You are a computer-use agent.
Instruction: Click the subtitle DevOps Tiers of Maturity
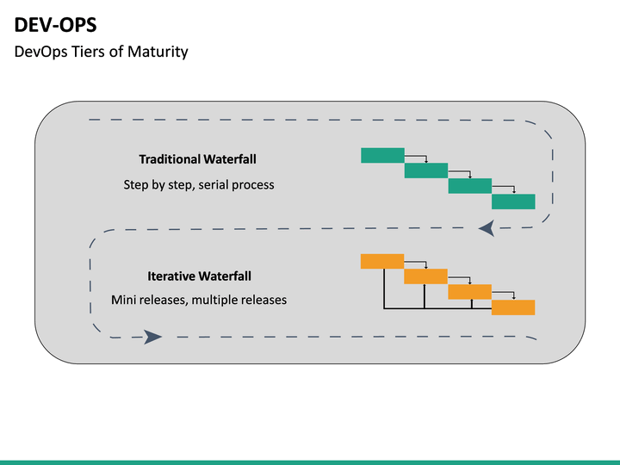(x=101, y=52)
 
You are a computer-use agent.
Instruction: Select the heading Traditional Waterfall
(x=197, y=159)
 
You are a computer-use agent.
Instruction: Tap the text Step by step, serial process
(x=199, y=184)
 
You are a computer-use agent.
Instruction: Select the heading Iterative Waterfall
(x=199, y=276)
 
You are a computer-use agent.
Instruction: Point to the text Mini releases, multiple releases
(x=199, y=300)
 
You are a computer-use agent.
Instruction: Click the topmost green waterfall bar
(x=381, y=155)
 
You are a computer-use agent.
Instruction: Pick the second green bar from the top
(x=426, y=170)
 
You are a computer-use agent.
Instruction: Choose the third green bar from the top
(x=470, y=186)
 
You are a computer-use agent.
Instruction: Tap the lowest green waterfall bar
(x=513, y=201)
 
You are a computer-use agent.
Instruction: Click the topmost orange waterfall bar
(x=381, y=261)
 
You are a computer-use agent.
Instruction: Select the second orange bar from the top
(x=425, y=276)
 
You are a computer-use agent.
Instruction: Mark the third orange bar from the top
(x=470, y=292)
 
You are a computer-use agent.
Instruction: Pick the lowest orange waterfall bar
(x=513, y=307)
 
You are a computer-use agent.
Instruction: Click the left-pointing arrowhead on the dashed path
(x=487, y=228)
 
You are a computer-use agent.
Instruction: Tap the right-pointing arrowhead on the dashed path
(x=152, y=336)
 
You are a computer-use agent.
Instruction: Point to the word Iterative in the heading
(x=172, y=276)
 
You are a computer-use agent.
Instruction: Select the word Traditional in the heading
(x=170, y=159)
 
